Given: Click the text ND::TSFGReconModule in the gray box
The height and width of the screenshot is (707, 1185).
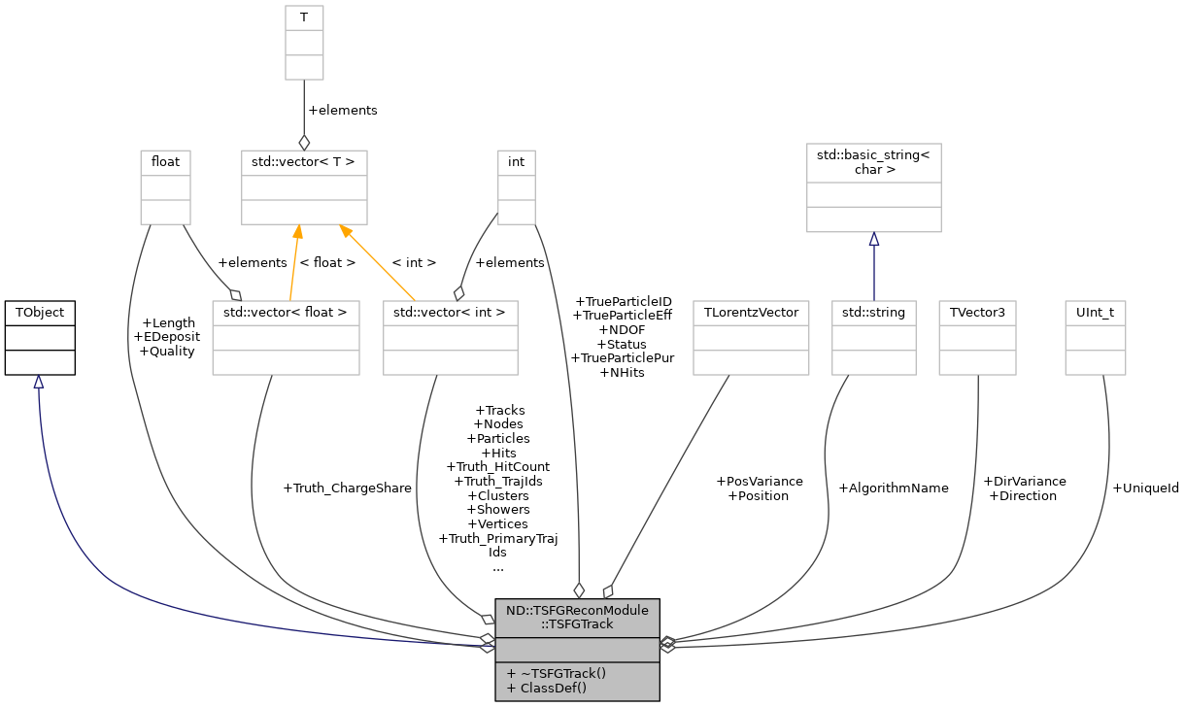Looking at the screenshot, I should coord(577,611).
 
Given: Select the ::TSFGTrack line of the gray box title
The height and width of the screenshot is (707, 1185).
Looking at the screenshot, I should coord(577,624).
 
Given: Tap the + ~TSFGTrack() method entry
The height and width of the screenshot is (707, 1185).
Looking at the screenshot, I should coord(556,673).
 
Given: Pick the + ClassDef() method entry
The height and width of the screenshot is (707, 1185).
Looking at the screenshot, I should coord(547,688).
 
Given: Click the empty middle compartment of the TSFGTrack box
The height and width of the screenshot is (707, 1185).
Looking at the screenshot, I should coord(577,650).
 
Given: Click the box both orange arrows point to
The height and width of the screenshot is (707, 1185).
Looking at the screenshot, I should coord(304,187).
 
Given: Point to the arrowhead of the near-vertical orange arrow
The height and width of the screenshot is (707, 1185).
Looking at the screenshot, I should coord(297,232).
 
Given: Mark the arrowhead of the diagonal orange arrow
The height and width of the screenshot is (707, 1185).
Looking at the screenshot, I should coord(345,231).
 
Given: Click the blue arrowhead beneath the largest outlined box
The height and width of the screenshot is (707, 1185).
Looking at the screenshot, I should coord(873,240).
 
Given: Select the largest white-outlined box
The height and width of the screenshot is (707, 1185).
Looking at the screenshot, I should coord(873,187).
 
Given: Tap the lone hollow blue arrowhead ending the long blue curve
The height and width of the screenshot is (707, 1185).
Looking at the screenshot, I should coord(38,383).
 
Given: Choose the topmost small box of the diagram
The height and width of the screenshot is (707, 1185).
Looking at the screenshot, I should coord(304,43).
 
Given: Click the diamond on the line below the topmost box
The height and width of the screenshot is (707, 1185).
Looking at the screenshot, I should coord(304,143).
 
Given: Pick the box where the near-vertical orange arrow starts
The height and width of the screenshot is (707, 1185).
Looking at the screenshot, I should coord(286,338).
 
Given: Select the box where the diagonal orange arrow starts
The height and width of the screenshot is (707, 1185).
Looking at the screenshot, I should coord(450,338).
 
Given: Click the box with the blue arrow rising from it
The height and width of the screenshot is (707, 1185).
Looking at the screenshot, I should coord(873,338).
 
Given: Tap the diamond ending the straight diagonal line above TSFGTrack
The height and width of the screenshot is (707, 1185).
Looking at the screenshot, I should coord(608,590).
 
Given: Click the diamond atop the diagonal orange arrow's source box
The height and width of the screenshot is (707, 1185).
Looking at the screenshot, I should coord(458,293).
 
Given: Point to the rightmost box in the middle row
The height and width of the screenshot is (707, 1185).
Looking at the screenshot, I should coord(1095,338).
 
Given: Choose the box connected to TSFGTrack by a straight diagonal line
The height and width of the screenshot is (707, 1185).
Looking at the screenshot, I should coord(751,338).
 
